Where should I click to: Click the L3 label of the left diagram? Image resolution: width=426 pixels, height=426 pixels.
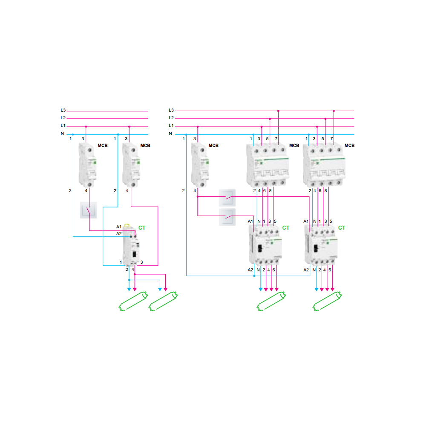pos(63,110)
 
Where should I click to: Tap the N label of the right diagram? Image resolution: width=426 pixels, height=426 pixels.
pos(170,134)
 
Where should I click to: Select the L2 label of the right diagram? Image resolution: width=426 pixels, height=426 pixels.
pos(171,118)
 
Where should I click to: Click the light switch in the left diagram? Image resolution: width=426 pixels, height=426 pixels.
pos(89,210)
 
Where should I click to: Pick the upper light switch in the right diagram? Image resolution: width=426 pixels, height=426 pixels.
pos(227,197)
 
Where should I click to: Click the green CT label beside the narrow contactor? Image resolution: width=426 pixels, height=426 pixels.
pos(142,228)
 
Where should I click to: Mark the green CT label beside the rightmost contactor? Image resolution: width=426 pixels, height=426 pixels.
pos(342,228)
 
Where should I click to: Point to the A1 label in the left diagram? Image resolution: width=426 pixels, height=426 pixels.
pos(119,227)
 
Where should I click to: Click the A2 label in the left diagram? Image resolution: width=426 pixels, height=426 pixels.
pos(119,234)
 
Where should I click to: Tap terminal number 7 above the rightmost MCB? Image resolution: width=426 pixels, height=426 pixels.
pos(331,139)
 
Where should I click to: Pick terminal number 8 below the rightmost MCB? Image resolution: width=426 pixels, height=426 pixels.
pos(326,191)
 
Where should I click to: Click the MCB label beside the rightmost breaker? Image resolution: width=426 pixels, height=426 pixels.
pos(349,146)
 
